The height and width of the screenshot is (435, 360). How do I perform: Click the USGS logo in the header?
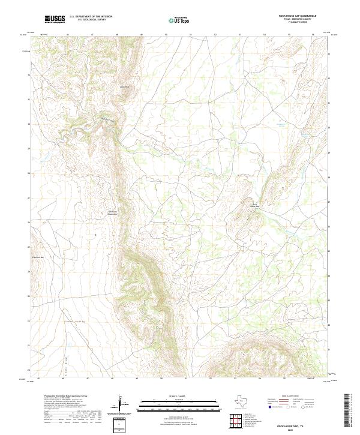55,19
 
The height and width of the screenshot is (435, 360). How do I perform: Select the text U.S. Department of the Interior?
91,17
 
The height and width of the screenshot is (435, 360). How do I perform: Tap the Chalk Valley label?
70,322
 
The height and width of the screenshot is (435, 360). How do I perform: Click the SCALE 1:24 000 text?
166,397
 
